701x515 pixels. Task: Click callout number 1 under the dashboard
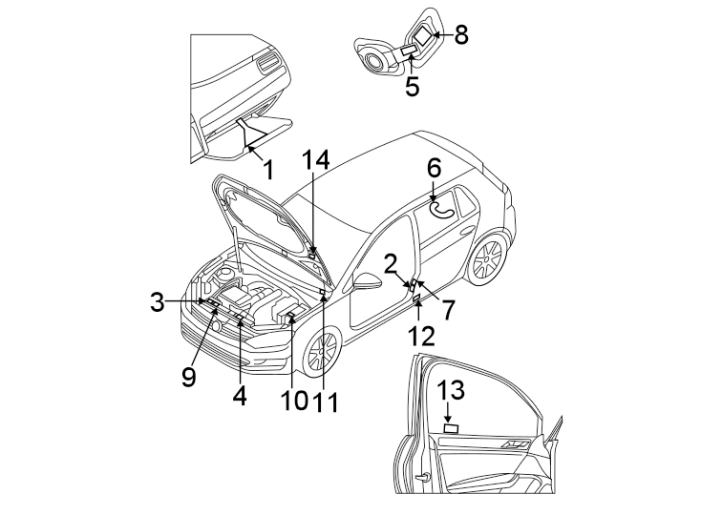pos(268,171)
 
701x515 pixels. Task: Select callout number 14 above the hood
pos(316,160)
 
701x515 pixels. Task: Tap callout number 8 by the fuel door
pos(461,35)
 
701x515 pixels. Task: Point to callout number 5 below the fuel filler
pos(412,87)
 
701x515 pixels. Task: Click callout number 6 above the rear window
pos(434,169)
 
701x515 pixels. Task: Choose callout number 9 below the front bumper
pos(189,377)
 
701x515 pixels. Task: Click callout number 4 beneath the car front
pos(239,395)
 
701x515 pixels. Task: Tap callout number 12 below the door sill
pos(421,336)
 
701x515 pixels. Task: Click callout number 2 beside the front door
pos(392,264)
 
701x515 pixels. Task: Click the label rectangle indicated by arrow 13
pos(450,428)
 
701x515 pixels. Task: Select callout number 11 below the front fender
pos(327,402)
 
